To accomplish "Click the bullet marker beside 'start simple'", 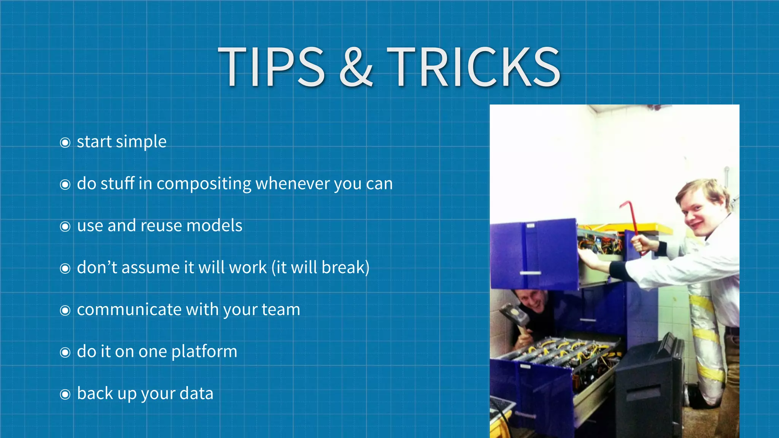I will pos(65,143).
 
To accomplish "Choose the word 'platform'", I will pos(204,352).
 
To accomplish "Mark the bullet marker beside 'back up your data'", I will pos(65,394).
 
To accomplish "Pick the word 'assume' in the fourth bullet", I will pos(150,268).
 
